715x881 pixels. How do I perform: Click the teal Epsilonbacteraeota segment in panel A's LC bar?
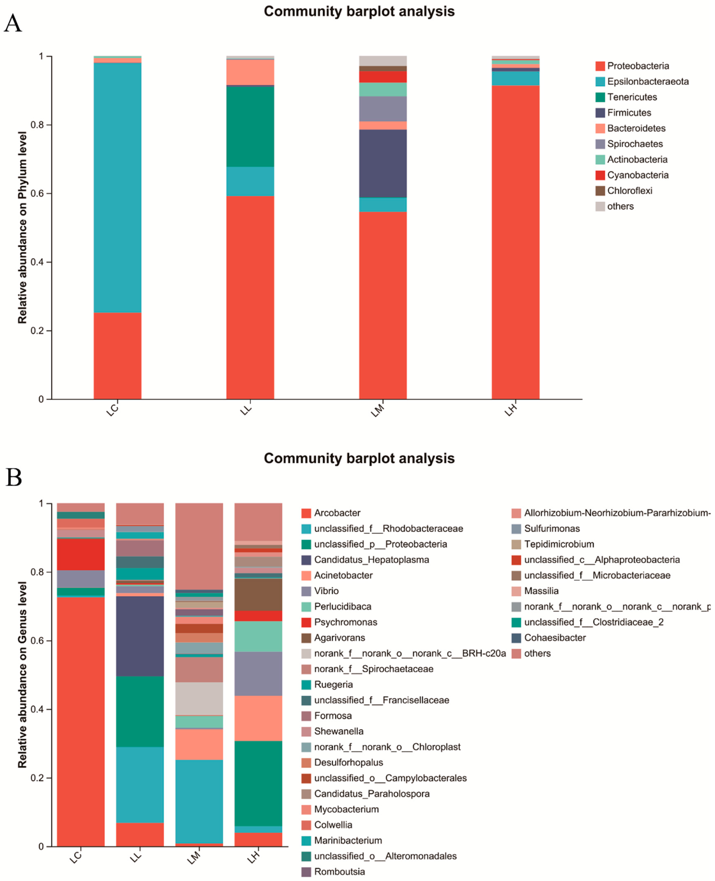[117, 187]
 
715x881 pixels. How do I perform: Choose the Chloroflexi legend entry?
[629, 191]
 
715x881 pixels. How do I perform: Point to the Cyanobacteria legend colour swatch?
[600, 175]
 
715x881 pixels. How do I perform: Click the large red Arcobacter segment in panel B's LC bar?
[81, 720]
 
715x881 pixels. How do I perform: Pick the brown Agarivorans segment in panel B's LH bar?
[258, 594]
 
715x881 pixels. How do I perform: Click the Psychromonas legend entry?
[345, 622]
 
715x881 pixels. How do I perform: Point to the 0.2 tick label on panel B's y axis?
[38, 778]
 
